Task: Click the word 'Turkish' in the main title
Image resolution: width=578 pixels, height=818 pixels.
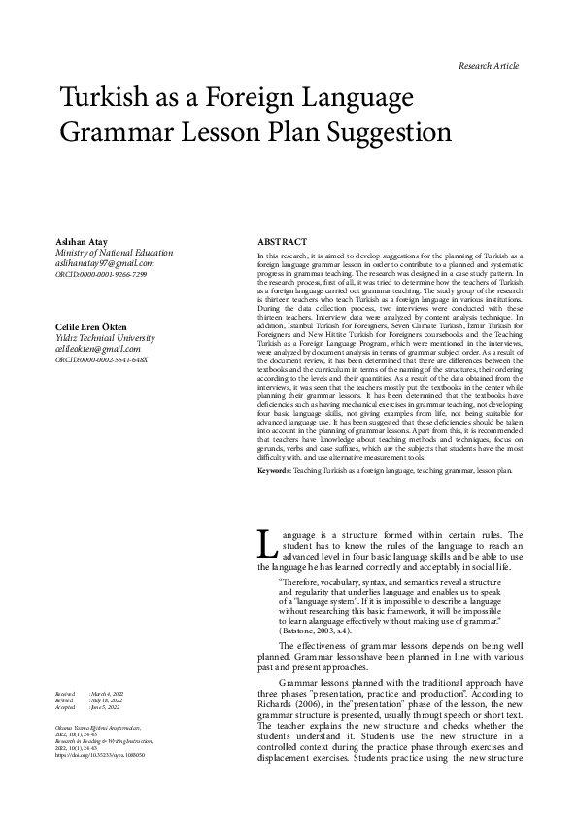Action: pos(103,99)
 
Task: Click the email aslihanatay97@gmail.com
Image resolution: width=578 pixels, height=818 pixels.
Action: pos(106,264)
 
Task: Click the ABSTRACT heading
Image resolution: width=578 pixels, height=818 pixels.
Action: pos(282,241)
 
